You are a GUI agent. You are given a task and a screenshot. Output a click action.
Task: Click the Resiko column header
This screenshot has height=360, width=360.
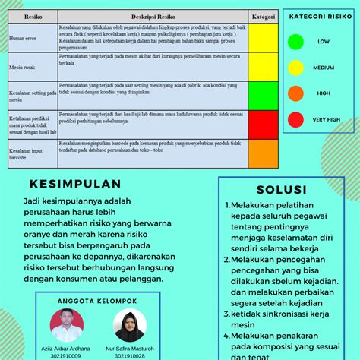[x=33, y=15]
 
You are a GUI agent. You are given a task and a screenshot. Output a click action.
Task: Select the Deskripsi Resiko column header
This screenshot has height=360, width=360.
[x=153, y=15]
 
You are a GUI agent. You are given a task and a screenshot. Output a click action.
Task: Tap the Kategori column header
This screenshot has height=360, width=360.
[x=263, y=15]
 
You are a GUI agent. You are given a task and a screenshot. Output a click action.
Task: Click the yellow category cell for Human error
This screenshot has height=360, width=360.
[x=263, y=36]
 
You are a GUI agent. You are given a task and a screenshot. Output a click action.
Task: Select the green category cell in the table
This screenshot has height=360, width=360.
[x=263, y=94]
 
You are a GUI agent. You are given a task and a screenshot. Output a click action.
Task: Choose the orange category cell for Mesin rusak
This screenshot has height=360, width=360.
[x=263, y=67]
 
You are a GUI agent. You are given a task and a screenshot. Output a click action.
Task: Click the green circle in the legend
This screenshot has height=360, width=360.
[x=296, y=42]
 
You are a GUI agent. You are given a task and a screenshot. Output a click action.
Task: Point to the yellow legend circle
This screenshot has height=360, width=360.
[x=296, y=68]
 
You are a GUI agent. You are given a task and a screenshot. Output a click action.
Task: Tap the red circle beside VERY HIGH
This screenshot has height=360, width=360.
[x=296, y=119]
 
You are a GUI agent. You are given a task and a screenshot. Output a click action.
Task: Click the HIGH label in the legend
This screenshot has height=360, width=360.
[x=324, y=93]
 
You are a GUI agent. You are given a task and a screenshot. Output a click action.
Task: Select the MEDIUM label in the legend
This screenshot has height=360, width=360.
[x=324, y=68]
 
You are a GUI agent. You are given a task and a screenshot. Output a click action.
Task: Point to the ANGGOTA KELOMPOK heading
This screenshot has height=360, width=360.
[x=97, y=301]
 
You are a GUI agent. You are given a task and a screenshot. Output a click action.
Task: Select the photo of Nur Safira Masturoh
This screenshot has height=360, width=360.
[x=129, y=325]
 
